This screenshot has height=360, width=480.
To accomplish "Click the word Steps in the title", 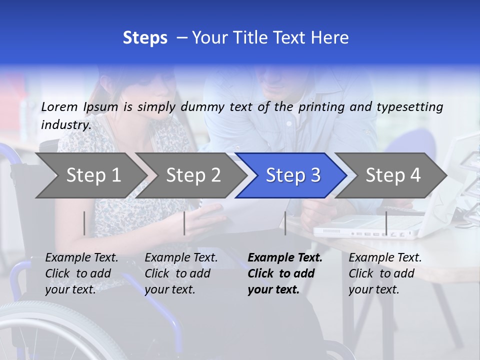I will (145, 38).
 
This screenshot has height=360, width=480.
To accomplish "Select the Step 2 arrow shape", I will (190, 175).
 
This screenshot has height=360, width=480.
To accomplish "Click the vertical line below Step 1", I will (84, 223).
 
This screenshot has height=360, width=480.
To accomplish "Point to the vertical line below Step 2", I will (184, 223).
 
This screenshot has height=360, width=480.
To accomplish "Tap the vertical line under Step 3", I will (285, 223).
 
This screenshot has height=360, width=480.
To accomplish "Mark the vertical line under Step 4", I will (386, 223).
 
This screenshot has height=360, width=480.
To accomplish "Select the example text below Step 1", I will (81, 273).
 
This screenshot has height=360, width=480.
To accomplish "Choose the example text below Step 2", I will (181, 273).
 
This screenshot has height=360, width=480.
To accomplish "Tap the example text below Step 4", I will (385, 273).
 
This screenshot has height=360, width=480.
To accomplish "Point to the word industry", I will (65, 124).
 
